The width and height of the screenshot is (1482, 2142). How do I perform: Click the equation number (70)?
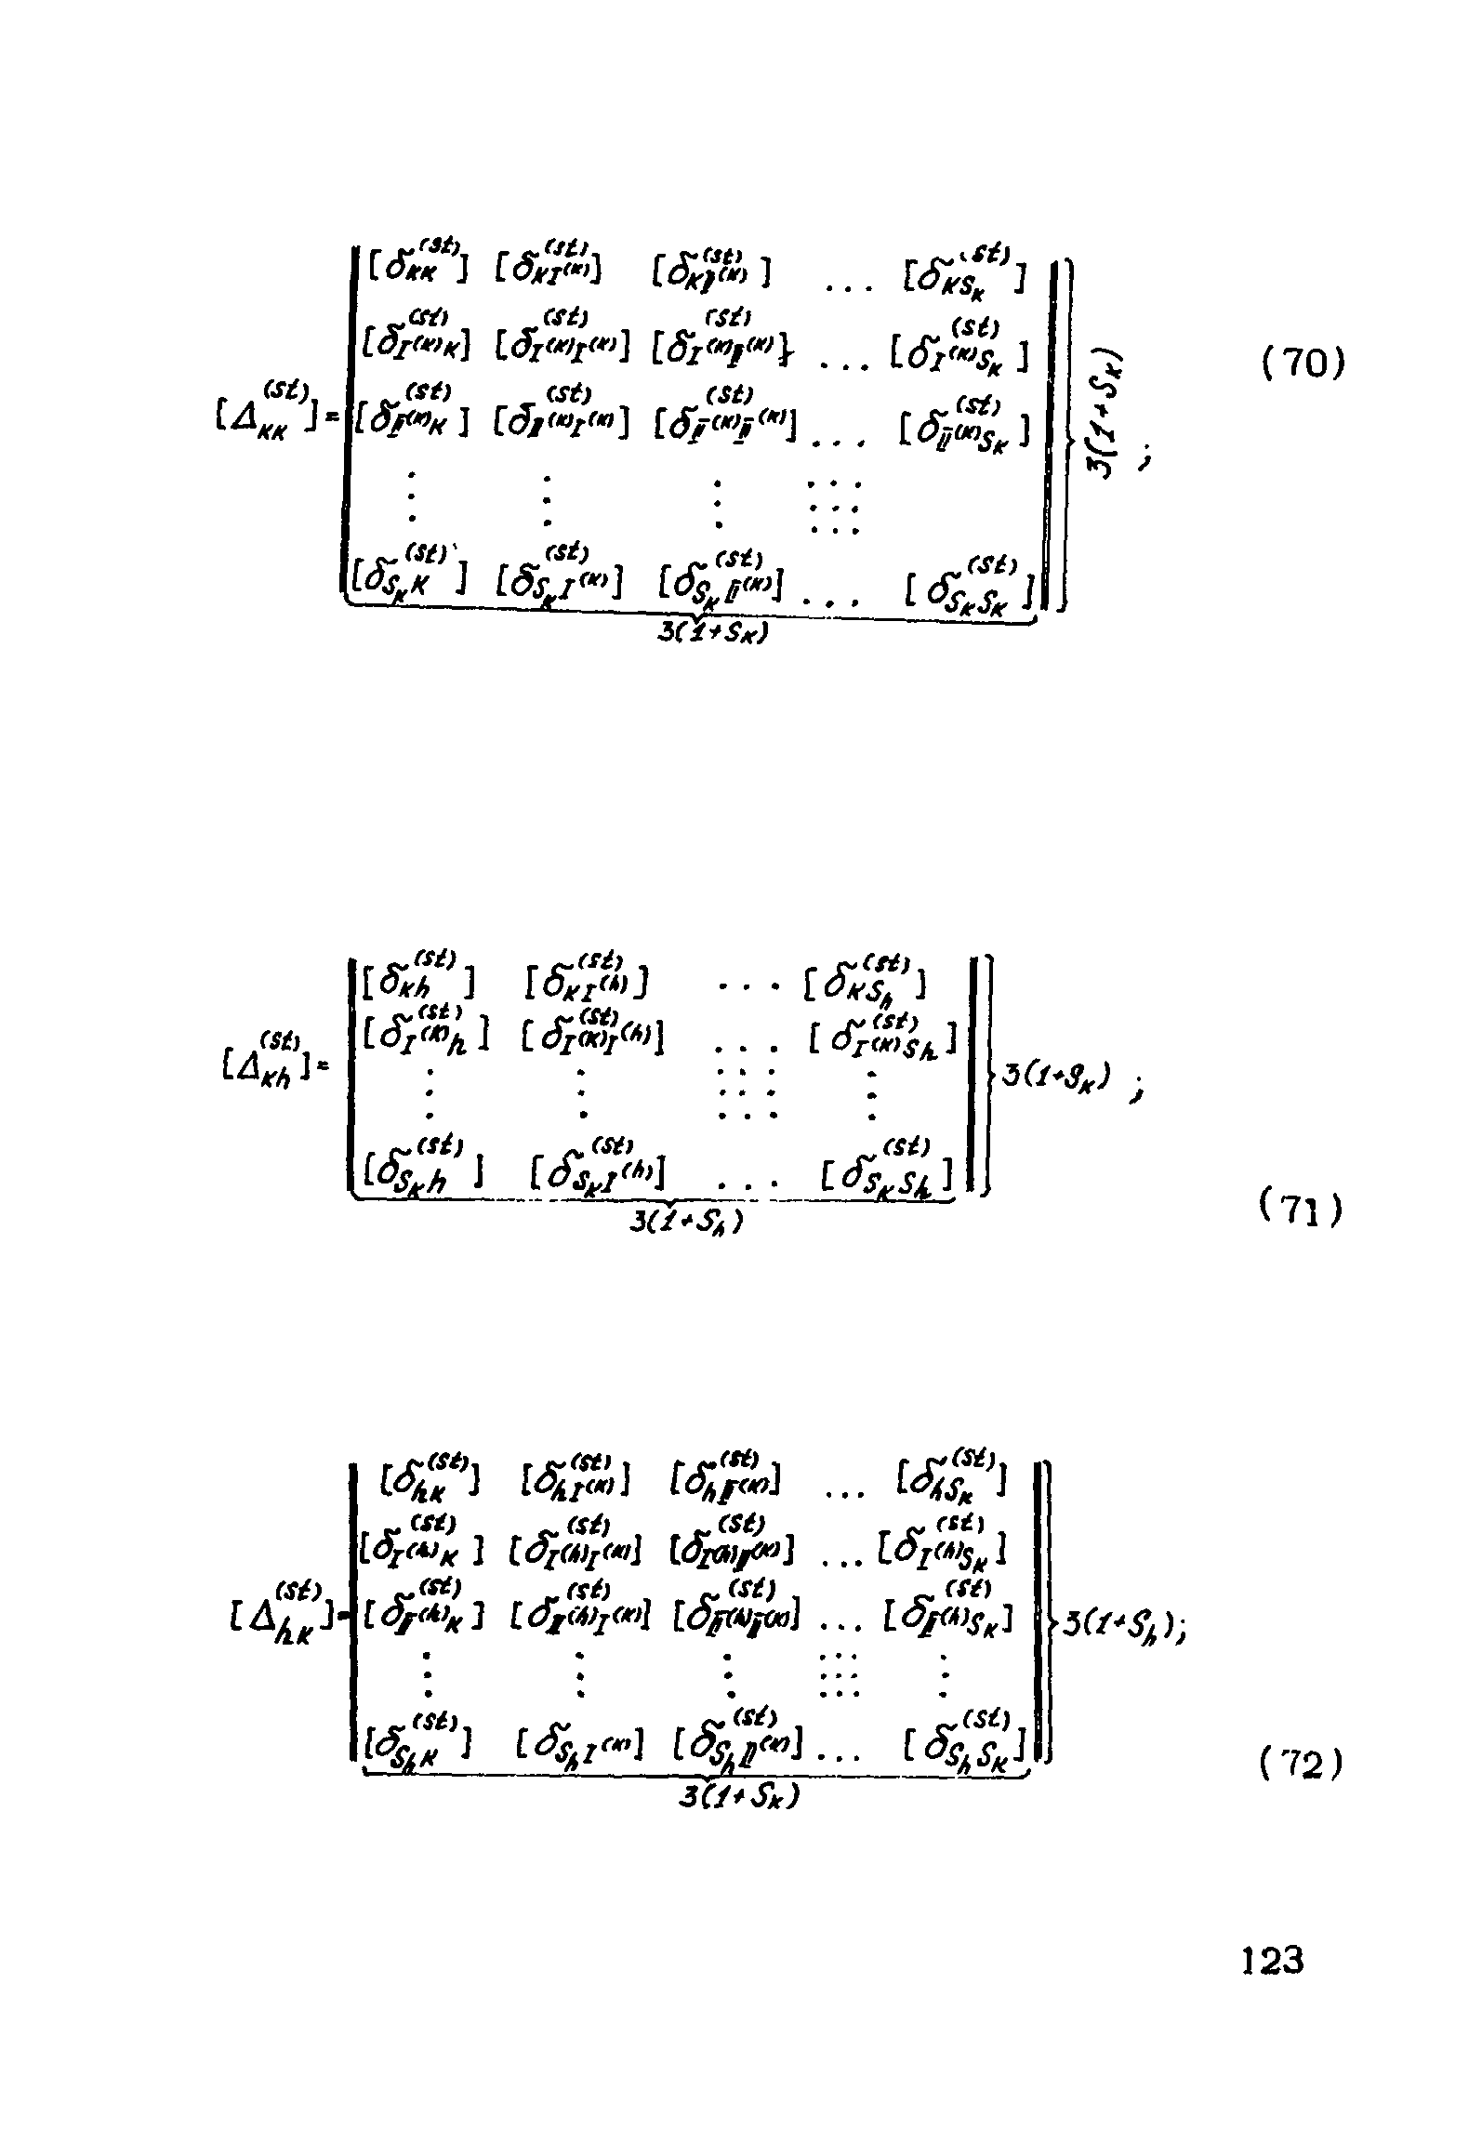tap(1303, 364)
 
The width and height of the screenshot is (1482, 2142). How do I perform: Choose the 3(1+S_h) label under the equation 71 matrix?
tap(686, 1221)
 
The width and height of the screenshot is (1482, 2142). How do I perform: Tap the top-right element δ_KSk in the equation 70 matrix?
tap(965, 270)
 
